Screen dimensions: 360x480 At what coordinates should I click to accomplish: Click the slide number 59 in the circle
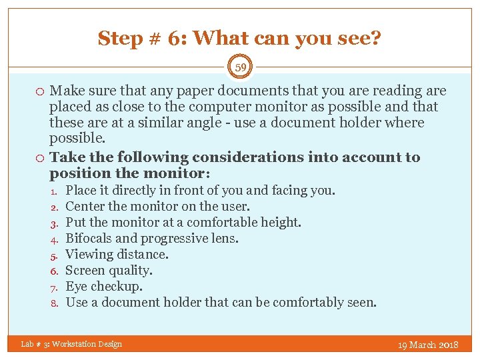(240, 67)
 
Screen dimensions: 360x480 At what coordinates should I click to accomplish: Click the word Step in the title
(119, 39)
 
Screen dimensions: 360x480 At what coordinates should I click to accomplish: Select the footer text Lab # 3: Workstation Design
(71, 344)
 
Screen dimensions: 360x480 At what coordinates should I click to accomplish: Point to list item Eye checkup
(105, 286)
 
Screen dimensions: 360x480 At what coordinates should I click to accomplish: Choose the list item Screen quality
(109, 270)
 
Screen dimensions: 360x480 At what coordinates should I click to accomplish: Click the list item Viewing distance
(117, 254)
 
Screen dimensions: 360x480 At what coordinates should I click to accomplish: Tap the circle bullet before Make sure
(41, 91)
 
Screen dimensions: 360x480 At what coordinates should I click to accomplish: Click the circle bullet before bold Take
(41, 158)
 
